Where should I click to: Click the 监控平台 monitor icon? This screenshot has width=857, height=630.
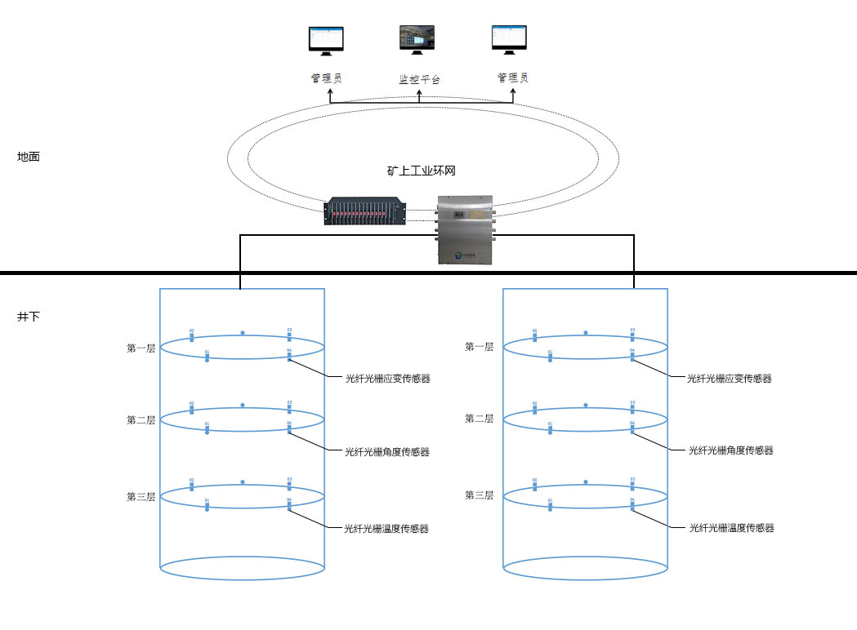[417, 40]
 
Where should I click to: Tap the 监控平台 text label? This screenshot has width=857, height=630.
[419, 80]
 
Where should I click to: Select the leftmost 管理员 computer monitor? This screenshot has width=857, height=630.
[326, 40]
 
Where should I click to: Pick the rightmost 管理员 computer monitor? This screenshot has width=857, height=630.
[509, 40]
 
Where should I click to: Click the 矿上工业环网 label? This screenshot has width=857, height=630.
[421, 171]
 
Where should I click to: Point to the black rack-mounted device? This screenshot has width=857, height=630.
[366, 211]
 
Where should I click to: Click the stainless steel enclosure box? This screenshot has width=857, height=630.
[464, 229]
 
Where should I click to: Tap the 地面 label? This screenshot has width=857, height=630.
[29, 157]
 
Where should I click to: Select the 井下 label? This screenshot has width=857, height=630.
[29, 316]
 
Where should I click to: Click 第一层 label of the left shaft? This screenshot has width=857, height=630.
[141, 348]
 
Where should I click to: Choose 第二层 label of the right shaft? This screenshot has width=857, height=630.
[479, 419]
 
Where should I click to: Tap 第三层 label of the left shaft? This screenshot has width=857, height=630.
[141, 497]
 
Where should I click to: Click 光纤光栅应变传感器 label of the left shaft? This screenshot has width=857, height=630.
[387, 379]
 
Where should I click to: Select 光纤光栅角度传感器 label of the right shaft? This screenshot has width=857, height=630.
[730, 450]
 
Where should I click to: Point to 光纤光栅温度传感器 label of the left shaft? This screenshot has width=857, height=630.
[386, 529]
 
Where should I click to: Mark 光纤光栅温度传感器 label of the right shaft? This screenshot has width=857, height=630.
[731, 528]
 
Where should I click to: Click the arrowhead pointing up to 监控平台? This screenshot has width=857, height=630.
[420, 92]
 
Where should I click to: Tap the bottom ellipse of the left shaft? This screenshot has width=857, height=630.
[243, 568]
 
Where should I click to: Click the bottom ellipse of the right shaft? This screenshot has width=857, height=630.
[586, 568]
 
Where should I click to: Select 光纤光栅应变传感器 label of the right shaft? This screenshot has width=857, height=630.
[730, 379]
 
